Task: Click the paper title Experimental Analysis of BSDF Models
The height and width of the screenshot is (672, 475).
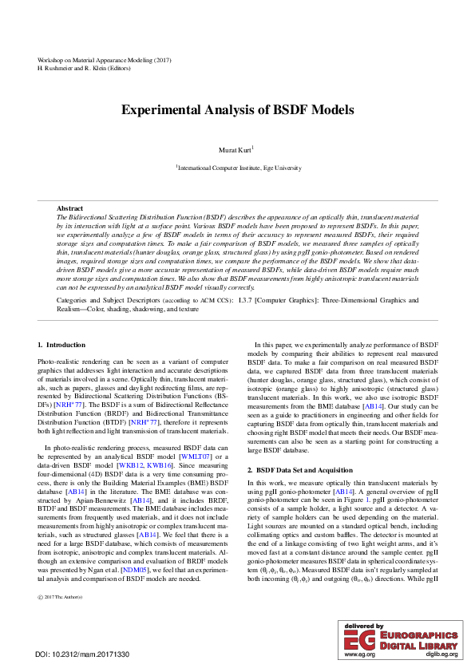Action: tap(237, 110)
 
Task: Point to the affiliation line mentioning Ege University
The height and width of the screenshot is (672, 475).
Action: tap(239, 168)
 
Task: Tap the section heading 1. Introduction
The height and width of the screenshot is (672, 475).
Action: tap(61, 345)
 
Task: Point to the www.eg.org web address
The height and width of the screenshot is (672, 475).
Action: tap(359, 654)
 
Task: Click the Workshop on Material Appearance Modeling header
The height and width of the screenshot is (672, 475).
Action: tap(105, 60)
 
